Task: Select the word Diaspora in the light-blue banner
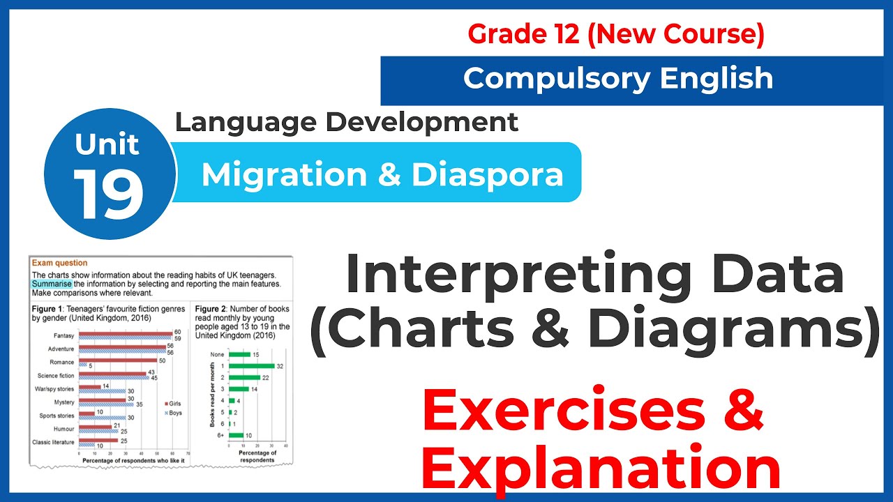[x=487, y=174]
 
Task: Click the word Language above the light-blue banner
[x=245, y=122]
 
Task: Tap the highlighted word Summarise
[x=51, y=284]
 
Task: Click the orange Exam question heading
[x=59, y=263]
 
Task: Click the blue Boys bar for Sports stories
[x=101, y=418]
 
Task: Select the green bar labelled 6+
[x=236, y=435]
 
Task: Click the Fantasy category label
[x=63, y=336]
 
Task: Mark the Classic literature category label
[x=54, y=442]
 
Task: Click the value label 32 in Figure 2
[x=280, y=366]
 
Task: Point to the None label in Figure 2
[x=217, y=354]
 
